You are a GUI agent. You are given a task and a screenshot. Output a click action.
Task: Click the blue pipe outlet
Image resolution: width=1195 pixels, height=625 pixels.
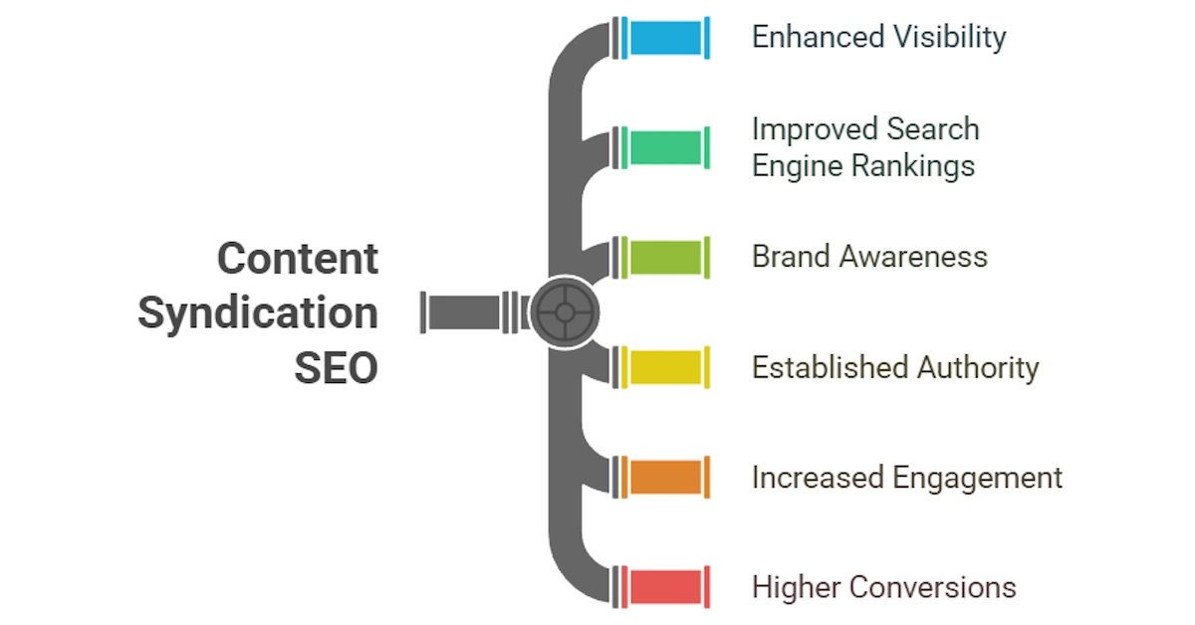[666, 38]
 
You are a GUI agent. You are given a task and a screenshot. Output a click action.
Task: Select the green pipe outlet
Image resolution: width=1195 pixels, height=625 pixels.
[666, 147]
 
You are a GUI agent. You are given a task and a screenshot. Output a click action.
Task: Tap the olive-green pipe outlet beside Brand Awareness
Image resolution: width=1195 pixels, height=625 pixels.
[666, 258]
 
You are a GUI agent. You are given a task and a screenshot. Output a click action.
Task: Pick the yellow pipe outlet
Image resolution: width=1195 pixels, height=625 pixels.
[666, 367]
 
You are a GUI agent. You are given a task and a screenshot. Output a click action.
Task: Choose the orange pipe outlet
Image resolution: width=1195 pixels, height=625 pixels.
[666, 478]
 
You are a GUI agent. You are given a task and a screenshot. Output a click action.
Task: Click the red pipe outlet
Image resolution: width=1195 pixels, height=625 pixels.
[666, 587]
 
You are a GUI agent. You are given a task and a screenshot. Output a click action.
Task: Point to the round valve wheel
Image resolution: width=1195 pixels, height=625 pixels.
[565, 312]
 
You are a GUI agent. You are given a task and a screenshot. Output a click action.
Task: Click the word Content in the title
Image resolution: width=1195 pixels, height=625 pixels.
[298, 259]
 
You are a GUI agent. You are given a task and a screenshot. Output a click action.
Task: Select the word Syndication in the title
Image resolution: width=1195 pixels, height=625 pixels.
[258, 314]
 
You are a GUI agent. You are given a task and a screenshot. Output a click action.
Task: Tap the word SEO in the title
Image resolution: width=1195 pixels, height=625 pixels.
[337, 367]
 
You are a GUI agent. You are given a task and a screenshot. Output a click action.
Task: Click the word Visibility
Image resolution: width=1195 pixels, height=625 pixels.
[950, 38]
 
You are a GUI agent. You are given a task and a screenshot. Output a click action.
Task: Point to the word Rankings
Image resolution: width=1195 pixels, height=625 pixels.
[913, 166]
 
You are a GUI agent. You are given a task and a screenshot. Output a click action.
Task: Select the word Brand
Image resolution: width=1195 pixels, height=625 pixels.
[792, 257]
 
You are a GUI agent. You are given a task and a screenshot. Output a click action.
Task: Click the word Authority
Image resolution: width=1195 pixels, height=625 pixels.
[978, 368]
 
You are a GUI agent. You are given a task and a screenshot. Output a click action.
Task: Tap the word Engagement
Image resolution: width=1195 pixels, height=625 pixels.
[977, 479]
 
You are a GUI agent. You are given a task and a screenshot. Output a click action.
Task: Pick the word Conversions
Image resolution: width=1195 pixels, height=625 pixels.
[932, 587]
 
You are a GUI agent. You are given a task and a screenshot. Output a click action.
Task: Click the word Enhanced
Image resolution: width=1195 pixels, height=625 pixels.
[819, 37]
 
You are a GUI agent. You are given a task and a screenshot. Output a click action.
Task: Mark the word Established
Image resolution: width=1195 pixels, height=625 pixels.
[831, 367]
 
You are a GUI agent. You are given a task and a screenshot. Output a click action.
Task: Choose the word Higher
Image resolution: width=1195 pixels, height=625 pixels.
[797, 588]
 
